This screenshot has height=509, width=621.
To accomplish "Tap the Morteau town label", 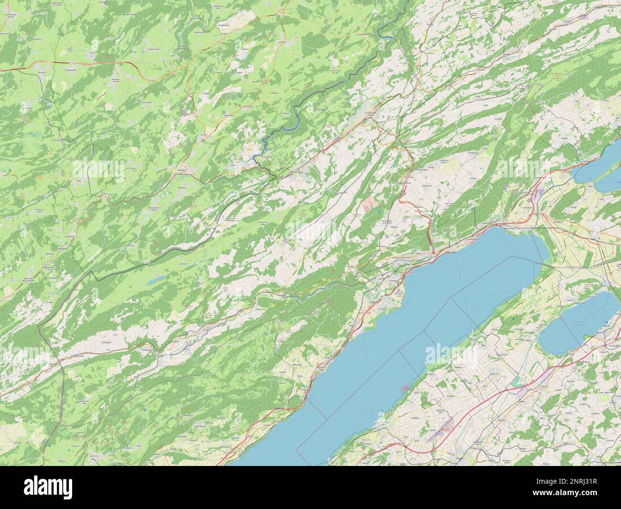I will coord(182,170).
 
